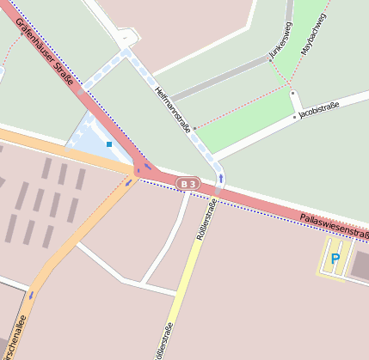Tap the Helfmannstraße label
[x=172, y=110]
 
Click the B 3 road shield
[x=187, y=183]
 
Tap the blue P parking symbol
[x=335, y=257]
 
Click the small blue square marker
[x=109, y=144]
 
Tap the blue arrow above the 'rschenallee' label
[x=32, y=294]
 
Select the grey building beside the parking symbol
[x=360, y=266]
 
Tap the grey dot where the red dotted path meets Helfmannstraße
[x=194, y=129]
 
